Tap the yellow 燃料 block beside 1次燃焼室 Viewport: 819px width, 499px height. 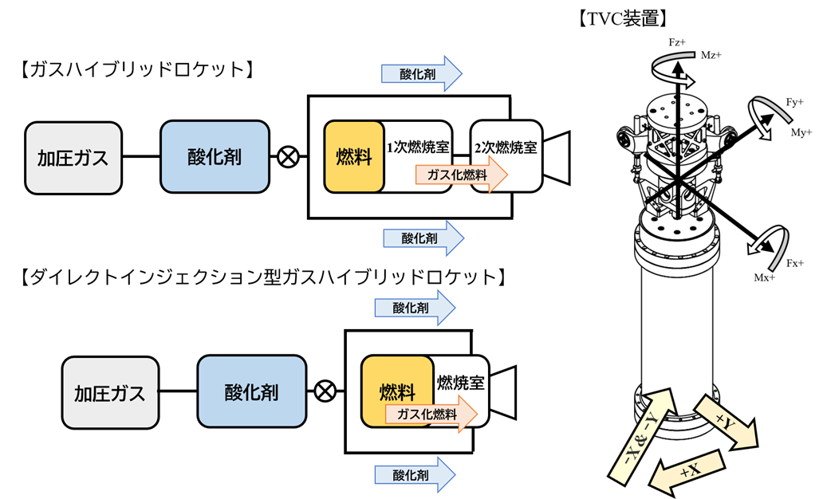point(354,157)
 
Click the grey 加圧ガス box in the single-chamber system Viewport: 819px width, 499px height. point(110,393)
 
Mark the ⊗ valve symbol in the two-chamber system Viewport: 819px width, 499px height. point(288,157)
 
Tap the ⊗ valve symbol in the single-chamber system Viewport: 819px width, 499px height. point(325,391)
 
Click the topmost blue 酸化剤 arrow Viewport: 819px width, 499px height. point(421,74)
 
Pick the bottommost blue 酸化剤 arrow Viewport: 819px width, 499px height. point(415,475)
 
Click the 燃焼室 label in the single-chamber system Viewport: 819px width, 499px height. point(461,383)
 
